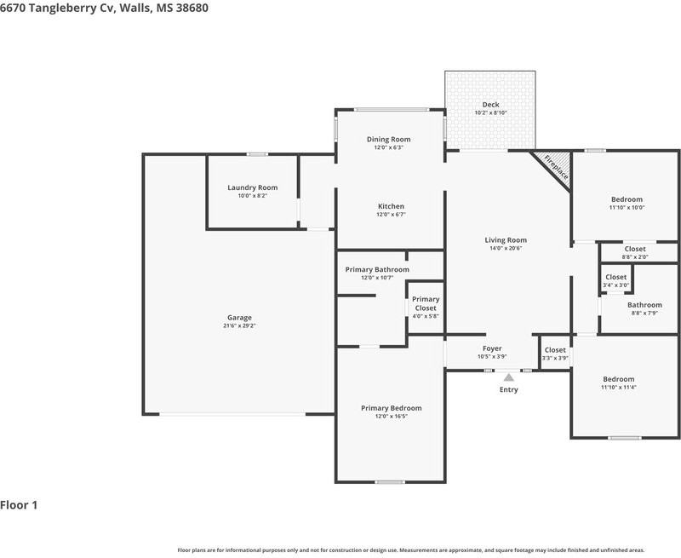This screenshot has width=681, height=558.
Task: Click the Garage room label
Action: [239, 318]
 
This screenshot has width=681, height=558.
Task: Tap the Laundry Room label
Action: [252, 187]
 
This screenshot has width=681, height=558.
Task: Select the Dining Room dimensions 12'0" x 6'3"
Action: [389, 147]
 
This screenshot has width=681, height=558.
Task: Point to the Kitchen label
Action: [391, 206]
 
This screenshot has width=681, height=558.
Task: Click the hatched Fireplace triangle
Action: [555, 167]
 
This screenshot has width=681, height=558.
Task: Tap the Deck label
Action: [491, 105]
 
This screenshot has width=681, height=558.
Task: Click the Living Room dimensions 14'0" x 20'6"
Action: [506, 249]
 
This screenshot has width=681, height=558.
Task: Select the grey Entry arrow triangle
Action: [508, 377]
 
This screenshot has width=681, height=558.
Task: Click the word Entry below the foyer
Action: [508, 390]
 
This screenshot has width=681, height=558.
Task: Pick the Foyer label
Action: [492, 348]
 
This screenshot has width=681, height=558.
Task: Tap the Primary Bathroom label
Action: [377, 270]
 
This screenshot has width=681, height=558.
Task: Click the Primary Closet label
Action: [426, 303]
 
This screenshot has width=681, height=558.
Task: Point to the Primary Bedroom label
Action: [392, 408]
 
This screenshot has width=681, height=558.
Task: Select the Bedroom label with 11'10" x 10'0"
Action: [627, 199]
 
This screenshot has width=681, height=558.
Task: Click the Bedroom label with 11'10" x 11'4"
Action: [619, 379]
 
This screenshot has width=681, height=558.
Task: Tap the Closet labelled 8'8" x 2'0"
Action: [635, 249]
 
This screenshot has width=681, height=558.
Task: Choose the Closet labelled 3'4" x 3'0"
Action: [615, 277]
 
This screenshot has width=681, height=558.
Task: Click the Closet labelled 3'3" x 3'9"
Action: [555, 350]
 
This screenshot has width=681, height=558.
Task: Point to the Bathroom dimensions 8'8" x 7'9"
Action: [644, 314]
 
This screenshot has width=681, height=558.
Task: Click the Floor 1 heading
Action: [19, 505]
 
